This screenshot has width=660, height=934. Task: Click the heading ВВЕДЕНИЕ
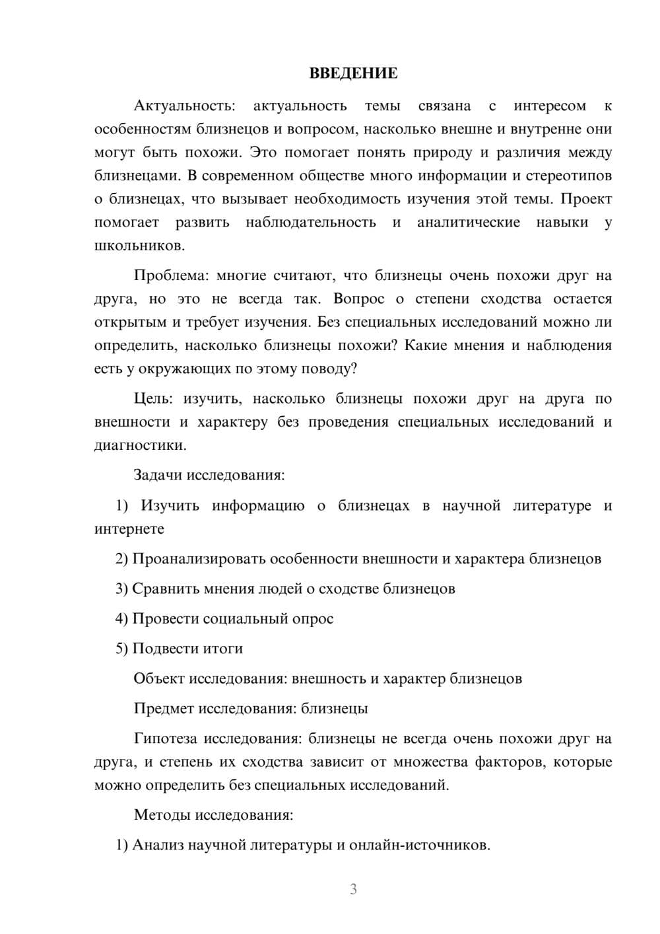353,73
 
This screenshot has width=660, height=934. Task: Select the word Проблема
169,275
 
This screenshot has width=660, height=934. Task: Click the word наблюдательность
310,222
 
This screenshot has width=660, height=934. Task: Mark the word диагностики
139,445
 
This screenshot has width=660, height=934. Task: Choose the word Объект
159,678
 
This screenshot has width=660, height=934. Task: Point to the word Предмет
164,708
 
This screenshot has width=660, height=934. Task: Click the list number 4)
121,618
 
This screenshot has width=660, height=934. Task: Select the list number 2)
121,559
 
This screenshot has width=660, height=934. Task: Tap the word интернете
129,528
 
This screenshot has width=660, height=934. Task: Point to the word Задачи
158,475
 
